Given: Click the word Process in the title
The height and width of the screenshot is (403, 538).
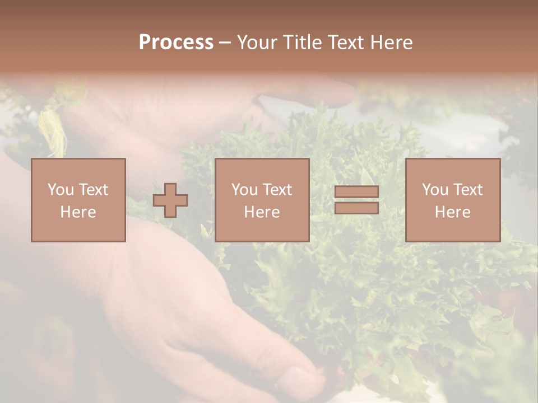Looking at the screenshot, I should pos(176,43).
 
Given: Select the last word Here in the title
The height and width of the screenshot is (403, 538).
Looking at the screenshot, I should pos(392,43).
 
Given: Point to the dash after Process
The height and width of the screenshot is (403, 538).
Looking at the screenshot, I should pos(225,43).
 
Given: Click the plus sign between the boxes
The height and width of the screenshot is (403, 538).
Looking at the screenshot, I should pos(170,200).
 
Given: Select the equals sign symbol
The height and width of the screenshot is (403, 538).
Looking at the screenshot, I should pos(356,200).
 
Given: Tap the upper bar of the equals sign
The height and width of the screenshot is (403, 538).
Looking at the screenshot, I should pos(356,191).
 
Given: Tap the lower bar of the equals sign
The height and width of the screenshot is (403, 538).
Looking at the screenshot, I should pos(356,208).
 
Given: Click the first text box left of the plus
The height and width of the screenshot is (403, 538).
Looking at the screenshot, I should pos(78,200).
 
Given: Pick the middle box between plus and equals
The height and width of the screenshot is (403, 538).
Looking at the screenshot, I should pos(262,200).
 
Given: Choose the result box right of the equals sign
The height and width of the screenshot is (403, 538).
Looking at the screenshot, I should pos(452,200).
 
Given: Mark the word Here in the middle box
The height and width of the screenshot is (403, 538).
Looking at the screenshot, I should pos(262,212).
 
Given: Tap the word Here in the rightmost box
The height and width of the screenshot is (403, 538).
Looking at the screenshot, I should pos(452,212).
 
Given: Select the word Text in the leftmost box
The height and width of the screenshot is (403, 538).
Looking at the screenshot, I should pos(93,189).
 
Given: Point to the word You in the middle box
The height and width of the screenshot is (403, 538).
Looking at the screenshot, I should pos(244,189).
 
